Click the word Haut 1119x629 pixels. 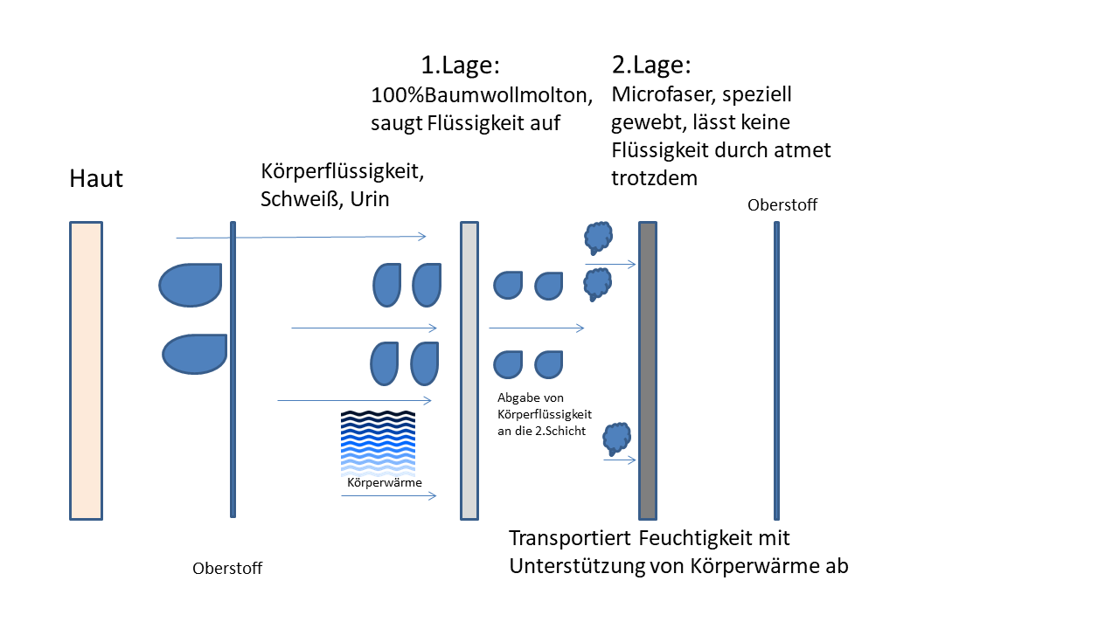[x=96, y=180]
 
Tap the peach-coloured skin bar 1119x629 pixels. [x=86, y=370]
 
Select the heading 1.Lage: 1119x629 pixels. [x=460, y=66]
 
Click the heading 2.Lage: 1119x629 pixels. [x=650, y=66]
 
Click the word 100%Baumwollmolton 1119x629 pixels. [x=483, y=94]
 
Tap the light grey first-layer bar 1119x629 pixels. [x=469, y=370]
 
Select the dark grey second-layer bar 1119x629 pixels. [x=648, y=370]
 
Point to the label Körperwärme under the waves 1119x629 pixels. [x=385, y=482]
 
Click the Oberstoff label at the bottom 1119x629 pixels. [x=227, y=569]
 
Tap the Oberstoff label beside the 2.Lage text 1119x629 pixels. [x=783, y=205]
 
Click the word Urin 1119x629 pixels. [x=370, y=199]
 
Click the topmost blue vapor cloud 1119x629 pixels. [x=598, y=236]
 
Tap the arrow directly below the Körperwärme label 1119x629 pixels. [x=388, y=495]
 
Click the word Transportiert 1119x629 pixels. [x=571, y=538]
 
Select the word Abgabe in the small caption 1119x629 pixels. [x=518, y=397]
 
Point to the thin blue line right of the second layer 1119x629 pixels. [x=776, y=370]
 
